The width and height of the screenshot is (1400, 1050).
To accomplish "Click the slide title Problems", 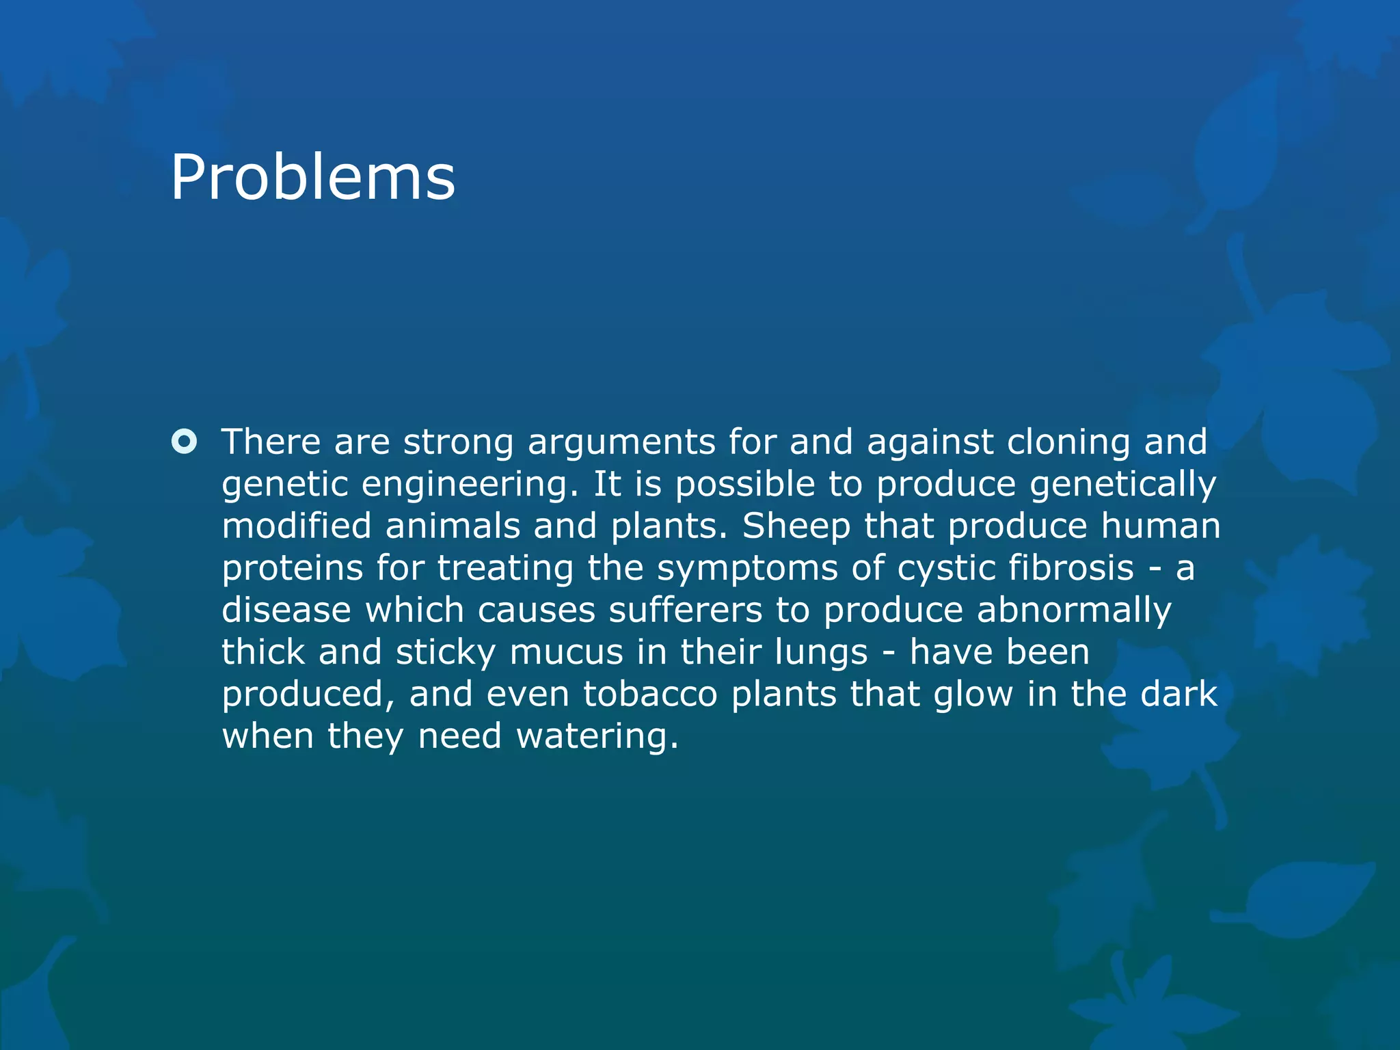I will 312,178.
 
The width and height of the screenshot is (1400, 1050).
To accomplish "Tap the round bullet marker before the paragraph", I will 184,442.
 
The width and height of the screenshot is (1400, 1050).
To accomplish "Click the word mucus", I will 566,652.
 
